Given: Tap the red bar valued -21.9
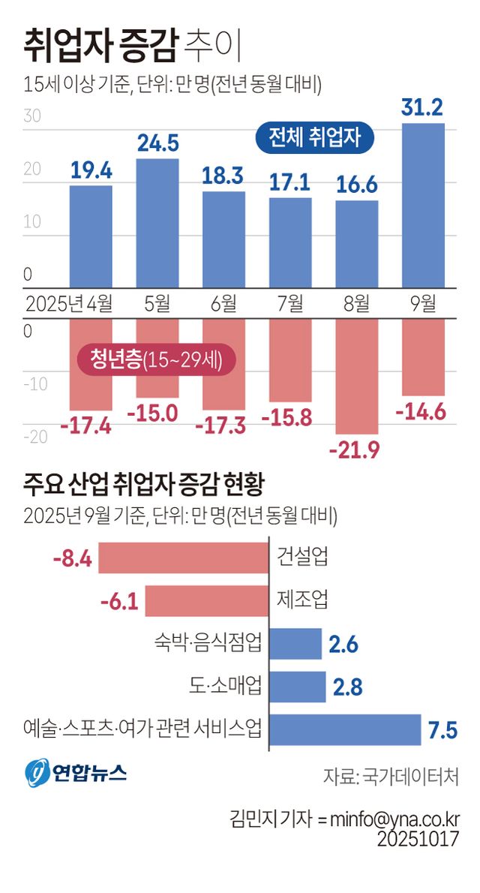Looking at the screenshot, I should pos(357,376).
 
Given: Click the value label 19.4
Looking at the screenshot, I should pos(91,172).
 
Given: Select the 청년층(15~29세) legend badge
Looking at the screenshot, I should pos(157,360).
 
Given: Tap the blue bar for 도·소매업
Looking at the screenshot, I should pos(297,686).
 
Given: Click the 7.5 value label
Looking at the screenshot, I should pos(443,729).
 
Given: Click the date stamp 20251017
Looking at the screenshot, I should pos(418,839).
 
